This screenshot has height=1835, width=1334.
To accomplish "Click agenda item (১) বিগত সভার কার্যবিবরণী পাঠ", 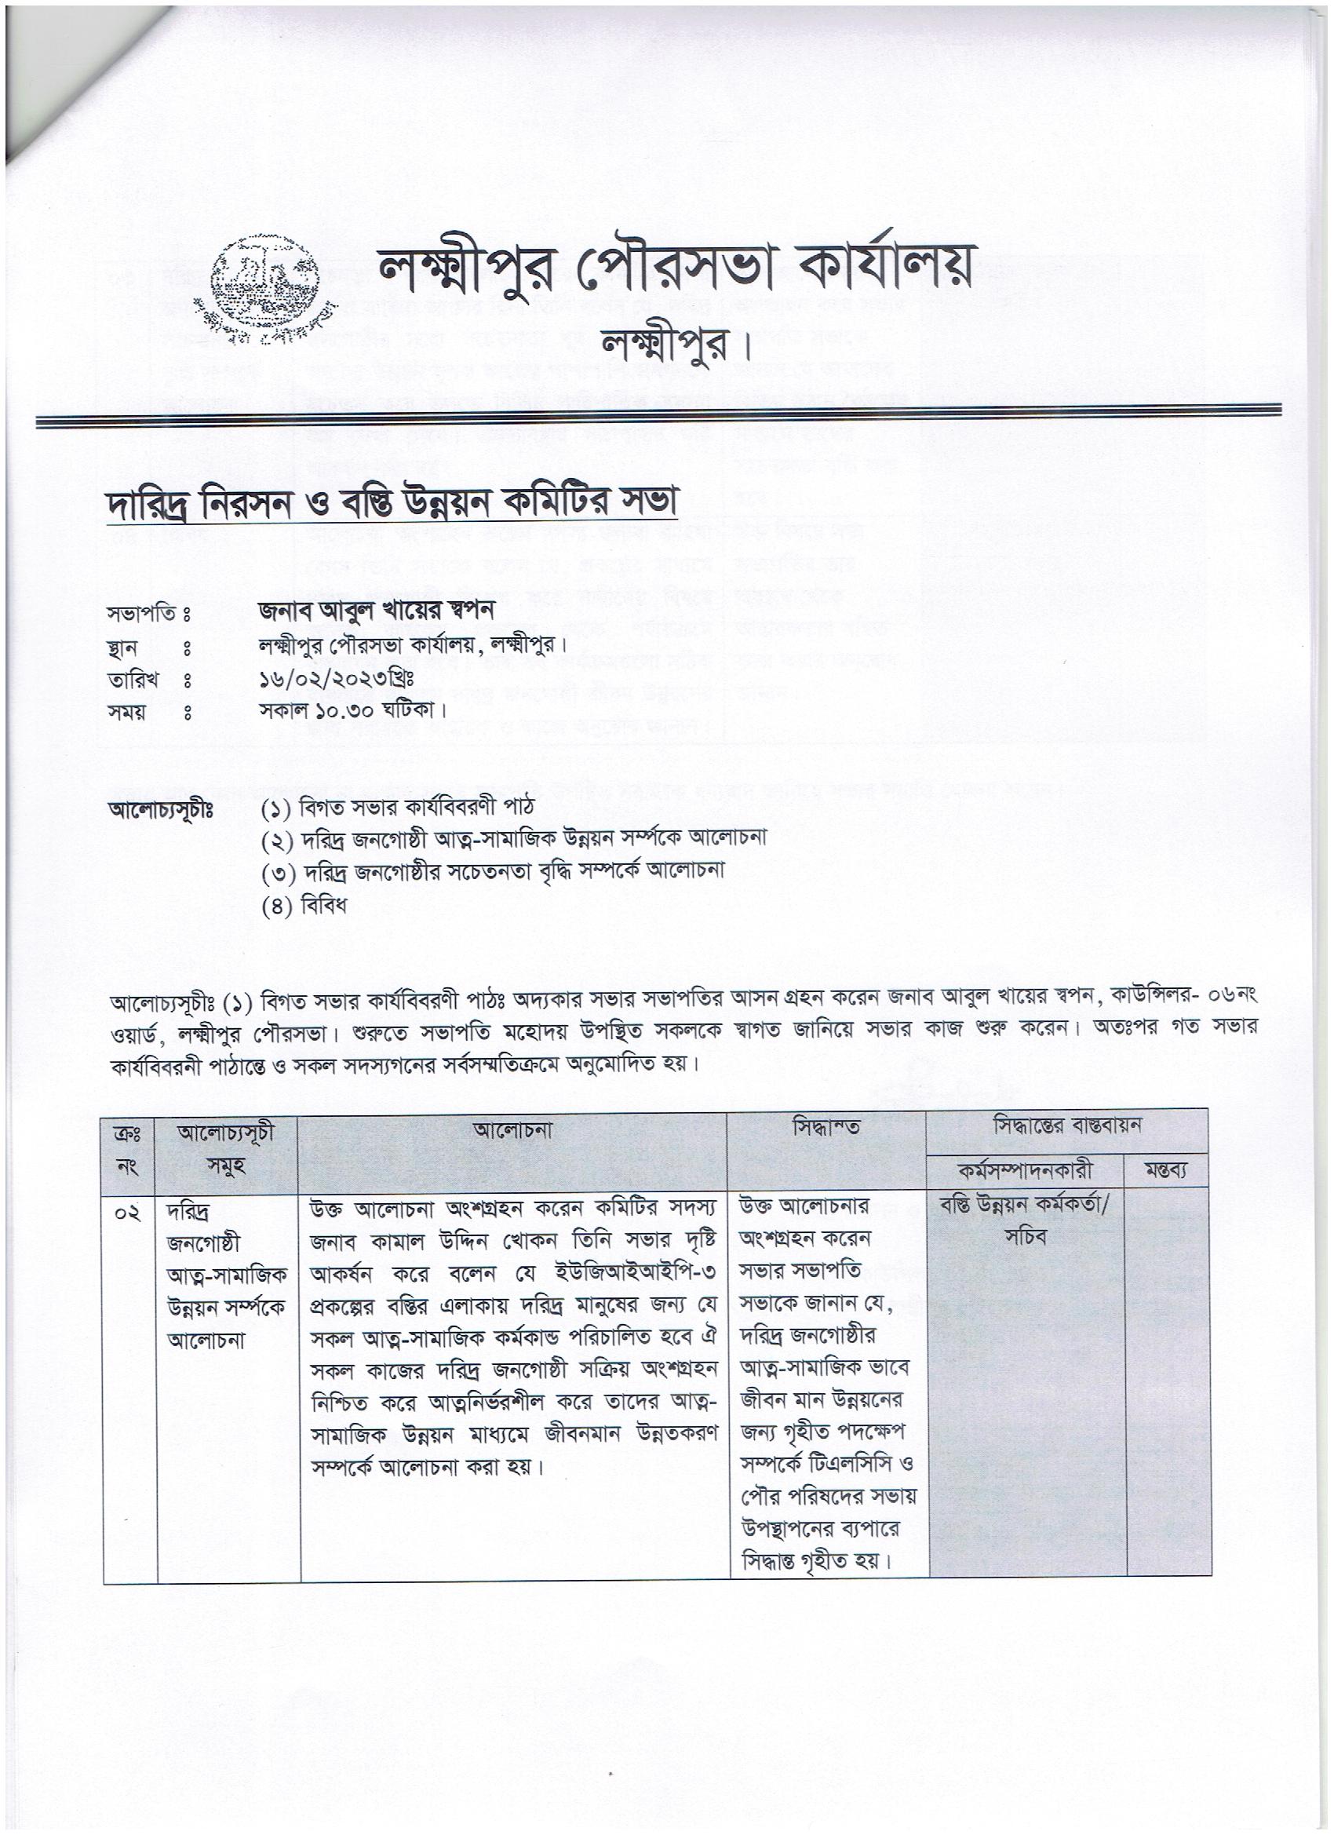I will point(397,808).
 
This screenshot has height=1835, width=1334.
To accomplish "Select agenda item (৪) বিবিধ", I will point(304,906).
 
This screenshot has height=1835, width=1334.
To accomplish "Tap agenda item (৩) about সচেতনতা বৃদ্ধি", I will point(493,872).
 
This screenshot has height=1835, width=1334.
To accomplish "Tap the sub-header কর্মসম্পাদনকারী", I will point(1026,1171).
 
